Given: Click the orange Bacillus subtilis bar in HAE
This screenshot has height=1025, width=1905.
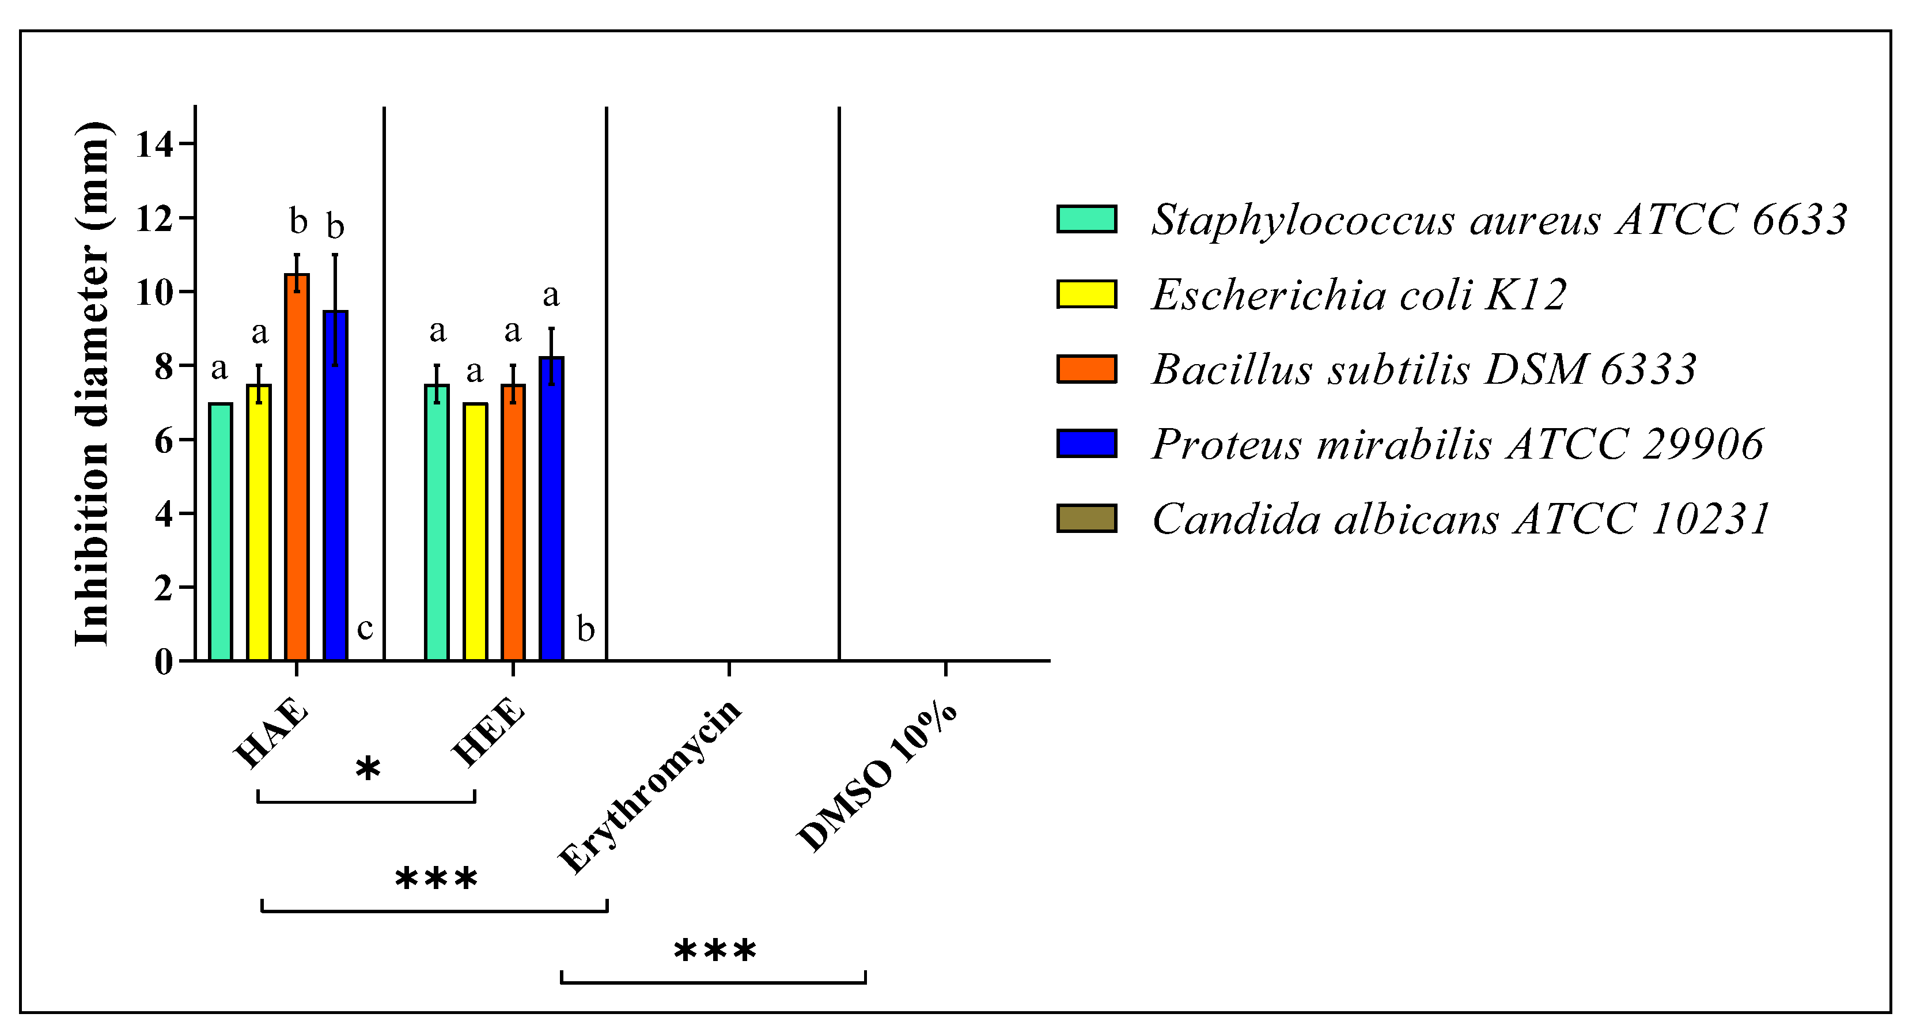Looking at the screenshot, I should click(x=297, y=466).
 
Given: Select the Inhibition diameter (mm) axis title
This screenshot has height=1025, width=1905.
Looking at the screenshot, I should click(x=94, y=383).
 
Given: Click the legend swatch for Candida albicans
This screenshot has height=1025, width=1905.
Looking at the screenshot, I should click(x=1086, y=519).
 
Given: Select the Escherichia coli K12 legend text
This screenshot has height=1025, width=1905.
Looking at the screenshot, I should click(x=1358, y=294).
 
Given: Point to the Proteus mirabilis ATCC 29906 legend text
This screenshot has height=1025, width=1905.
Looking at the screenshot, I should click(x=1457, y=444).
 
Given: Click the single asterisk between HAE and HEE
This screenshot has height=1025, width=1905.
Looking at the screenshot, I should click(x=368, y=769).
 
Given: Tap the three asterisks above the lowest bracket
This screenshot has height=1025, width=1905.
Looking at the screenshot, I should click(x=714, y=950).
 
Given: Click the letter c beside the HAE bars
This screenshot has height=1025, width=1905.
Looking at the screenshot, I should click(x=365, y=629).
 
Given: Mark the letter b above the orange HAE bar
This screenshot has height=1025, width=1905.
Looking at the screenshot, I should click(x=297, y=221).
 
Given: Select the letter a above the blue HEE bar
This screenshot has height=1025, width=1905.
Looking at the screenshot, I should click(x=550, y=296).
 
